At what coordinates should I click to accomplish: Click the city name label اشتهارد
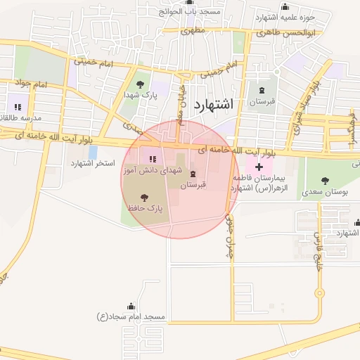(x=211, y=105)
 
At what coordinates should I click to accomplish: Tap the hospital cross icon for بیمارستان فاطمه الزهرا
(x=259, y=167)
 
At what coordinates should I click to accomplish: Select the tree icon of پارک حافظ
(x=145, y=198)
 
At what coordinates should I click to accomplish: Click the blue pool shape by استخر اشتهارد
(x=93, y=152)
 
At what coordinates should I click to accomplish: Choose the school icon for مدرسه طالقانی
(x=18, y=107)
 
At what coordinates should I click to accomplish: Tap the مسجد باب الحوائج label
(x=190, y=11)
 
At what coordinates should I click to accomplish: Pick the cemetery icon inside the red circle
(x=193, y=174)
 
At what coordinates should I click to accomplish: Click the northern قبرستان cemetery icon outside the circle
(x=263, y=90)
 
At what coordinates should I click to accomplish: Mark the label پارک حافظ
(x=145, y=209)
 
